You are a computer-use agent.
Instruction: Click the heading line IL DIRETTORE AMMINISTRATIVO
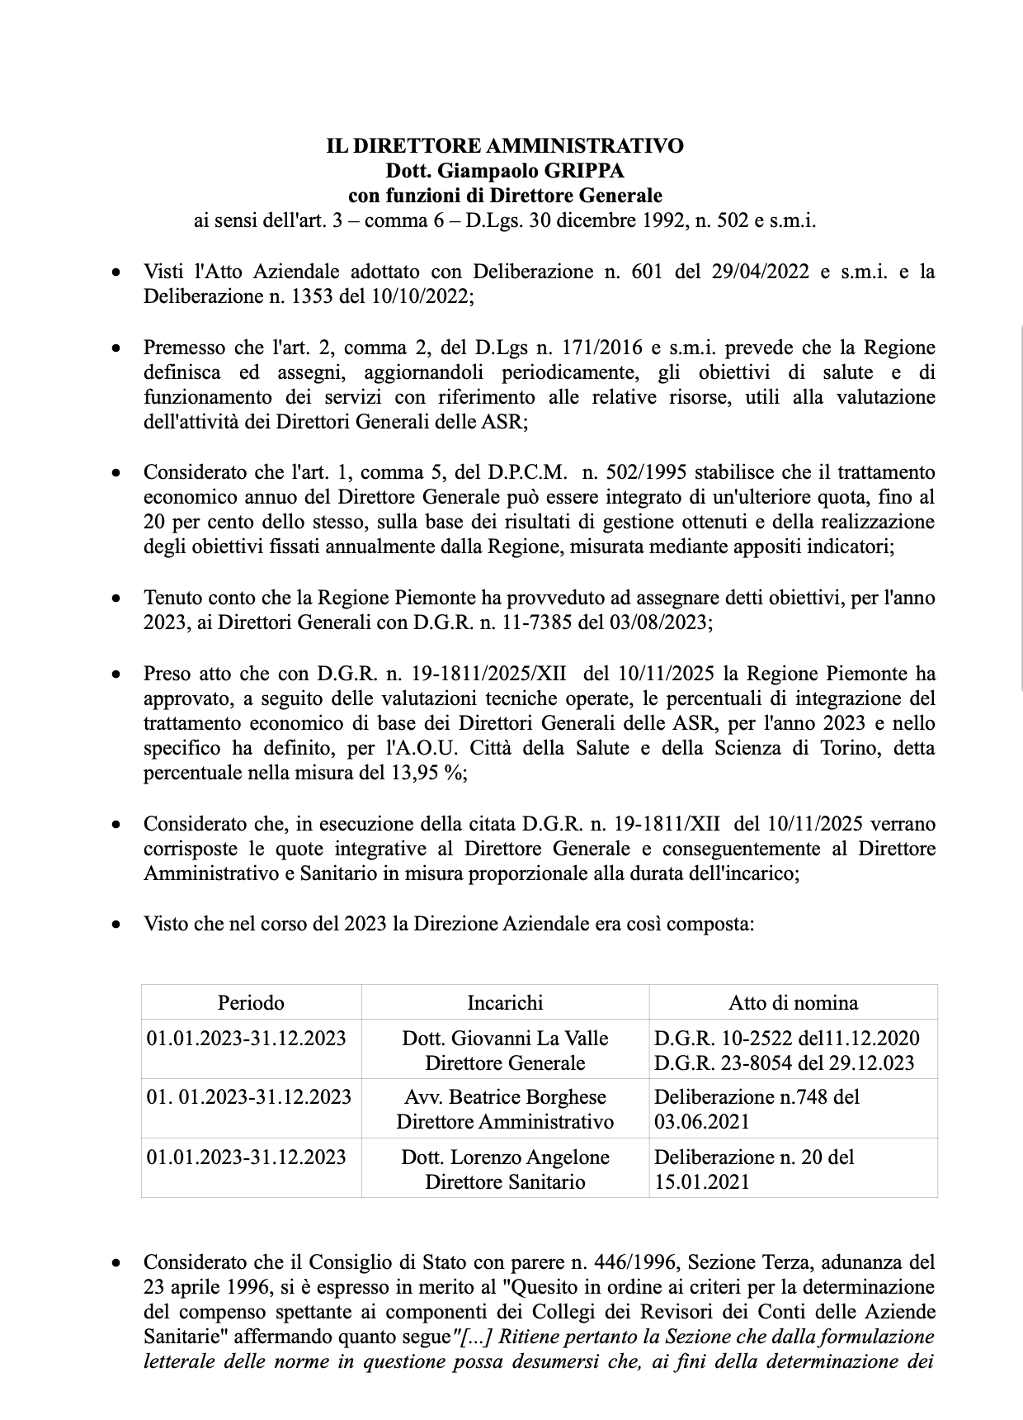click(x=505, y=146)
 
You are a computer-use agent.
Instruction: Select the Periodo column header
click(x=251, y=1002)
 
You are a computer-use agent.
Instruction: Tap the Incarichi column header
click(x=505, y=1002)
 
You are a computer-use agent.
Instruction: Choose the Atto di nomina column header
click(x=793, y=1002)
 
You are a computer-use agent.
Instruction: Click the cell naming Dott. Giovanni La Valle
click(x=505, y=1049)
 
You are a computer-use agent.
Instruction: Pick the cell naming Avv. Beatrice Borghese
click(x=505, y=1109)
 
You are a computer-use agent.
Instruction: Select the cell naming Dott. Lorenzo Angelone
click(x=505, y=1168)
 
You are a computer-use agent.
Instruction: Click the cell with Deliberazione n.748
click(x=792, y=1109)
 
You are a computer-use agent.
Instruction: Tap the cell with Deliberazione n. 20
click(x=792, y=1168)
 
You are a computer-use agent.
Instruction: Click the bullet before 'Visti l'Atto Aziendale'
click(x=118, y=272)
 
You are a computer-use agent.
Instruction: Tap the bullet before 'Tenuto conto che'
click(x=118, y=598)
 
